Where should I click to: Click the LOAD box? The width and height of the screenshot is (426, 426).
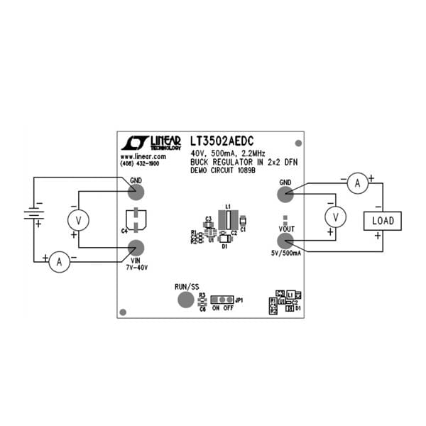(x=382, y=221)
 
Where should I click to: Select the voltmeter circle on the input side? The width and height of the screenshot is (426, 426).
(x=79, y=221)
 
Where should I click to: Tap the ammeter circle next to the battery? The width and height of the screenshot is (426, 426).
(x=60, y=262)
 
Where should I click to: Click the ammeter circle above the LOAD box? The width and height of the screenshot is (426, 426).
(x=358, y=183)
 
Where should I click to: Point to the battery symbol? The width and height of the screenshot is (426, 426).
(x=31, y=212)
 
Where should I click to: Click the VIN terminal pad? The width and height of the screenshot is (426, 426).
(x=135, y=248)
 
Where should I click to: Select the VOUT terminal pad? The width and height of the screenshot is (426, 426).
(x=285, y=238)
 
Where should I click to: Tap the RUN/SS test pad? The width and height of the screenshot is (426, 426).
(x=185, y=299)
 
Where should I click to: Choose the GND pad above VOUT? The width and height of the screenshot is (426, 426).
(x=285, y=193)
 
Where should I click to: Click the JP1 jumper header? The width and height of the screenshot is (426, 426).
(x=224, y=300)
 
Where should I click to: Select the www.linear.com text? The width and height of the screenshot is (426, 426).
(x=143, y=156)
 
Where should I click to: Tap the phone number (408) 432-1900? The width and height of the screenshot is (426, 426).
(x=144, y=163)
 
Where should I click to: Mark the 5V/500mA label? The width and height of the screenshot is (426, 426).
(x=285, y=253)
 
